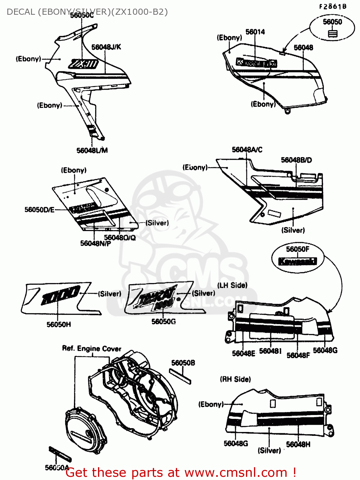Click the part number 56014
(255, 32)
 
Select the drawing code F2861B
(332, 6)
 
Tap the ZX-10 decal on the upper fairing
(83, 64)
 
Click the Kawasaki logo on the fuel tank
(256, 62)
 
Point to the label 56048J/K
(106, 47)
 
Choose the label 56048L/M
(92, 150)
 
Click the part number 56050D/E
(39, 210)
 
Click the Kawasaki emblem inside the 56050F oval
(297, 261)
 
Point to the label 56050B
(183, 363)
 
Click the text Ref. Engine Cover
(92, 348)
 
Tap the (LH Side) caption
(232, 285)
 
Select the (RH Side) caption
(235, 379)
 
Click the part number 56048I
(270, 351)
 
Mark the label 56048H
(298, 444)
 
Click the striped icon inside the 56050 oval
(332, 33)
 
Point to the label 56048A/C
(247, 149)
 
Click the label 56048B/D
(296, 160)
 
